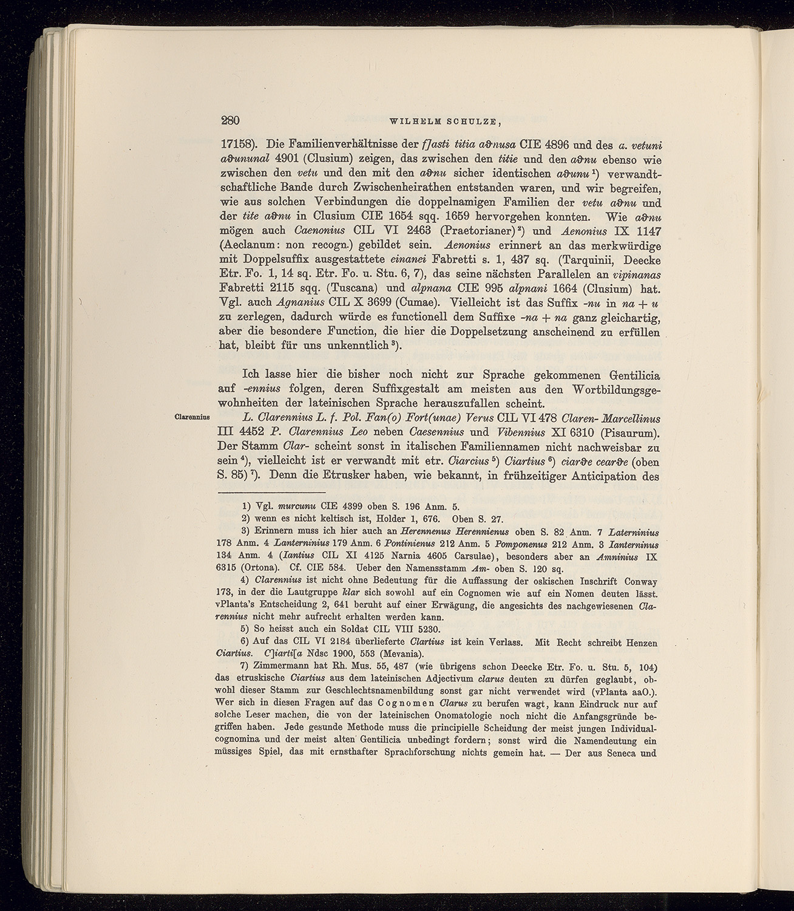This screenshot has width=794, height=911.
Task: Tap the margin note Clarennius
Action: (191, 417)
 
